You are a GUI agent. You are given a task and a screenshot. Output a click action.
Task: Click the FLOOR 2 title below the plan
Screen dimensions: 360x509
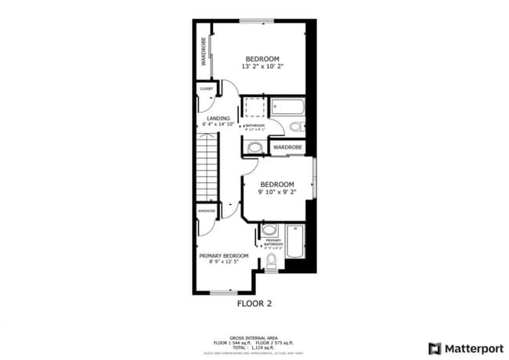coord(254,303)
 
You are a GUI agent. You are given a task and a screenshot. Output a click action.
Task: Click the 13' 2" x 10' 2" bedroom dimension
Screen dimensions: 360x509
coord(262,67)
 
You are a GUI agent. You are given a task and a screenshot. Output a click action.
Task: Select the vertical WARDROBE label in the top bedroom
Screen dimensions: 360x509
coord(204,52)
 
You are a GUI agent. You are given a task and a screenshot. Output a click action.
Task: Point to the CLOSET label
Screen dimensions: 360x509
coord(207,89)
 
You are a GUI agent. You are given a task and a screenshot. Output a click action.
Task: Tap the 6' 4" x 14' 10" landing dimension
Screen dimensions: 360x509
coord(218,124)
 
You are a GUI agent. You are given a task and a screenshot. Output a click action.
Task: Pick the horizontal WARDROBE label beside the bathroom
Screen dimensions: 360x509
coord(287,146)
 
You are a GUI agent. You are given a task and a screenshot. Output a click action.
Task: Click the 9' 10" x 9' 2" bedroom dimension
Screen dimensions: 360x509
coord(277,192)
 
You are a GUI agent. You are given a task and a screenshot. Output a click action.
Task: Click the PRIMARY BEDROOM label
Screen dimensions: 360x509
coord(223,256)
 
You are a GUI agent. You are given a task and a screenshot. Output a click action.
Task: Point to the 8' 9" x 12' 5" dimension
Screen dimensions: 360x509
coord(223,262)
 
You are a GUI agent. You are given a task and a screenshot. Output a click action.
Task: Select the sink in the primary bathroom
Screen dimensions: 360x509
coord(268,230)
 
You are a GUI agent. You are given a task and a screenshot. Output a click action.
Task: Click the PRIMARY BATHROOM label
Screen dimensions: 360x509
coord(273,243)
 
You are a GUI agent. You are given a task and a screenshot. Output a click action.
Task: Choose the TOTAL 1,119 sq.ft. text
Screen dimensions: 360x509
coord(254,347)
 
